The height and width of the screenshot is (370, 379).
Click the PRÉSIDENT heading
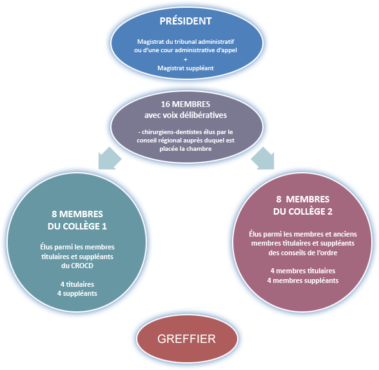tap(186, 21)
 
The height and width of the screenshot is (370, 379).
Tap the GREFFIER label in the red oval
tap(186, 339)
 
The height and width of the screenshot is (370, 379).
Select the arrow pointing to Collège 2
tap(263, 159)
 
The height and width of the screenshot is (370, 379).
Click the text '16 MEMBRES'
tap(186, 104)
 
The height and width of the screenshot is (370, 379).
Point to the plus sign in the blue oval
tap(186, 59)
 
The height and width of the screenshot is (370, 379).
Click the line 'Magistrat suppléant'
tap(186, 68)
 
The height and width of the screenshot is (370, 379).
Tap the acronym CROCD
tap(82, 266)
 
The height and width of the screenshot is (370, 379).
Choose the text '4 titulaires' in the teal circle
tap(77, 284)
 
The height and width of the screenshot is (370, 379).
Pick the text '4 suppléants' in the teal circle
tap(77, 293)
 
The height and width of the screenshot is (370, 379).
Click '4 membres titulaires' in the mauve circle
tap(303, 271)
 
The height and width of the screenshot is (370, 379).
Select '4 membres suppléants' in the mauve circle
tap(303, 280)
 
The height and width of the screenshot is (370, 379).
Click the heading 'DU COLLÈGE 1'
tap(77, 226)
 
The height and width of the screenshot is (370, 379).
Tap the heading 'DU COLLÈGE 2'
tap(303, 211)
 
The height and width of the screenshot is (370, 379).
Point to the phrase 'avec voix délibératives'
tap(186, 115)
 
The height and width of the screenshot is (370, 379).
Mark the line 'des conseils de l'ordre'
tap(303, 253)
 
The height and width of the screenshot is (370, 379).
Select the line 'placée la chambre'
tap(186, 149)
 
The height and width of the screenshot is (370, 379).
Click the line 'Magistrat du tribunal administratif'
tap(186, 42)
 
